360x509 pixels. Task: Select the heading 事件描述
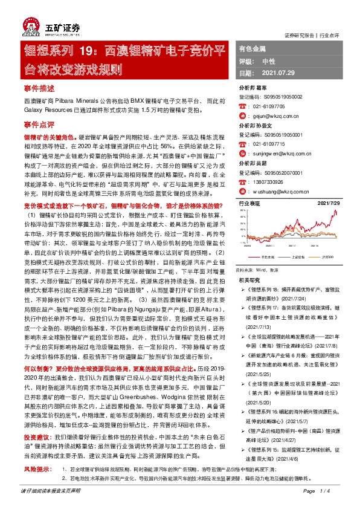[x=39, y=88]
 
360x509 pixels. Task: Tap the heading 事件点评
[x=39, y=123]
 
